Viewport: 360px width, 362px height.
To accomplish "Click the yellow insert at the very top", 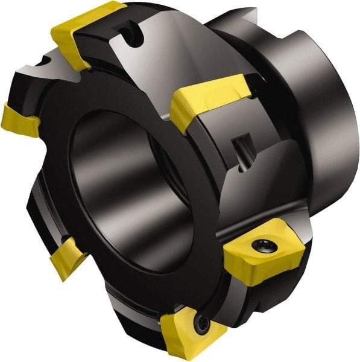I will pos(84,30).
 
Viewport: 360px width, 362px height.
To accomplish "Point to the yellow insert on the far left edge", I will pos(18,121).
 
